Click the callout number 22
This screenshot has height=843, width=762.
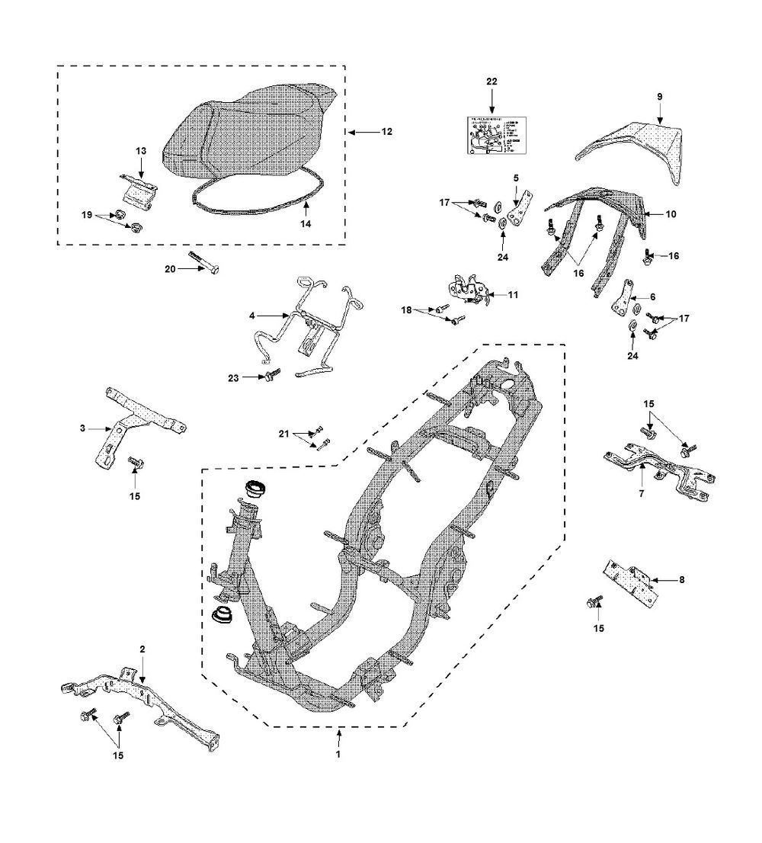click(491, 81)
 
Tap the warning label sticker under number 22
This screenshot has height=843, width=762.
click(491, 135)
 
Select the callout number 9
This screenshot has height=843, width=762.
click(660, 96)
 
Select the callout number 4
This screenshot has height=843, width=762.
click(253, 314)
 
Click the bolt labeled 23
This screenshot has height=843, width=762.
click(272, 375)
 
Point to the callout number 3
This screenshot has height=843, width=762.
click(82, 429)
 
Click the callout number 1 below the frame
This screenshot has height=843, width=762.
click(338, 755)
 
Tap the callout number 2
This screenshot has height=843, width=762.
click(142, 649)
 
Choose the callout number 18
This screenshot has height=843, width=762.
click(406, 310)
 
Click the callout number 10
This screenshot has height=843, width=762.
click(671, 215)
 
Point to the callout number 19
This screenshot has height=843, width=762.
click(85, 216)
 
